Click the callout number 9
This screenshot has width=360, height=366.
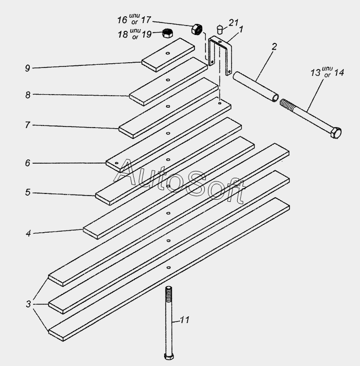(27, 67)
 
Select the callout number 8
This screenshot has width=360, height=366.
(27, 94)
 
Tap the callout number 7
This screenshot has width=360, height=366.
(27, 125)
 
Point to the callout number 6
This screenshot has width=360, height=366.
(27, 163)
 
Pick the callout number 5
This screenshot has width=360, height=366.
(27, 192)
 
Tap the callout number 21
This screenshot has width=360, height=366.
(234, 22)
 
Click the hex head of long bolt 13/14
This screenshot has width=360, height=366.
(335, 133)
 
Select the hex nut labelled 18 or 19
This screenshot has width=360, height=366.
(168, 33)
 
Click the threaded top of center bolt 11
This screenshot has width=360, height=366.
(168, 293)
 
